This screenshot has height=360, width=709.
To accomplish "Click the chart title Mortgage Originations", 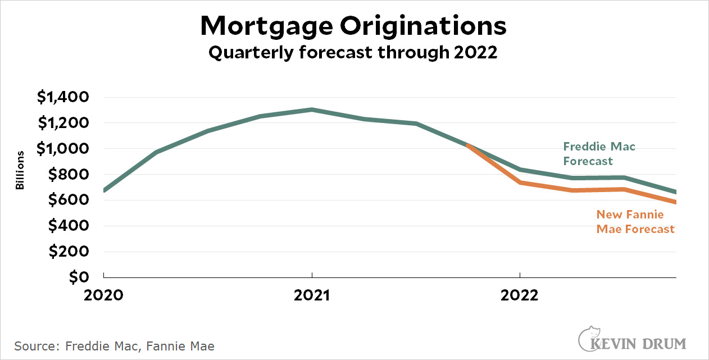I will tap(353, 26).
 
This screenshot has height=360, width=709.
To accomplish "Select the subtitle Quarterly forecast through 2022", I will tap(353, 53).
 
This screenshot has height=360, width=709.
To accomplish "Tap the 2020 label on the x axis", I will tap(104, 295).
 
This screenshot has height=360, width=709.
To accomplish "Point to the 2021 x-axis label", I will tap(312, 295).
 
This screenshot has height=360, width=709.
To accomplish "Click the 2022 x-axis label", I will tap(520, 295).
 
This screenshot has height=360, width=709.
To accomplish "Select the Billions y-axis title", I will tap(20, 170).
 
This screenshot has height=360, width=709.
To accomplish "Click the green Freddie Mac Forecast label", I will tap(599, 154).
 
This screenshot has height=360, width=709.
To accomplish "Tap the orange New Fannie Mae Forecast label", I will tap(635, 222).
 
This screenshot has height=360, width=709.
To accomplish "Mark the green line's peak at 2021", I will tap(312, 110).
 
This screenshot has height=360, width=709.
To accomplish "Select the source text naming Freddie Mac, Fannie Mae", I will tap(115, 346).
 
